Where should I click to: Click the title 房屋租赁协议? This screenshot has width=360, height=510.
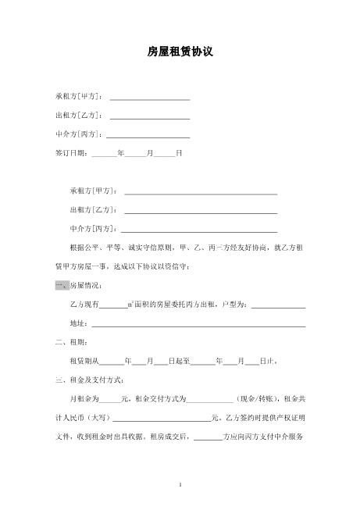(180, 52)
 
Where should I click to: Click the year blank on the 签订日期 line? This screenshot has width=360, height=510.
(104, 154)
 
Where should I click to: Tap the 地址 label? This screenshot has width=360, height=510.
(79, 323)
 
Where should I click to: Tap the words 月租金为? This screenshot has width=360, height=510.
(84, 399)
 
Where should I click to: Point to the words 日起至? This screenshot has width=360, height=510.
(180, 361)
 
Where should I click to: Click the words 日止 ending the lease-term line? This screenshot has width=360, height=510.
(267, 361)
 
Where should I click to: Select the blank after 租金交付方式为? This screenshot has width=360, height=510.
(211, 399)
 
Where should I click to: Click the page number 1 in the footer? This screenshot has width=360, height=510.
(180, 484)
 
